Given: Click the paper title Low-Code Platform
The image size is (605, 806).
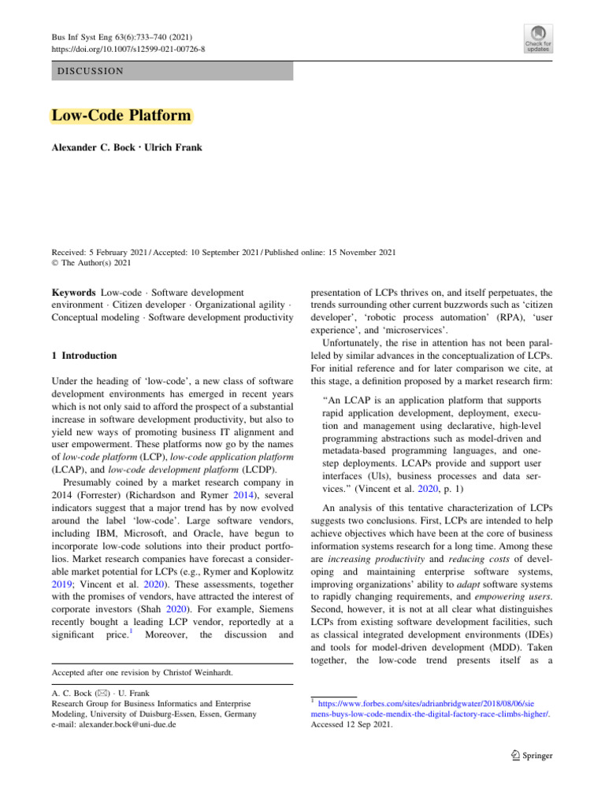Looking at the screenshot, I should click(121, 116).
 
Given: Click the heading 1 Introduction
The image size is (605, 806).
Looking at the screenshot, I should click(84, 356).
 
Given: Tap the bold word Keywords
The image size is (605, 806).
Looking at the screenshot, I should click(74, 293).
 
